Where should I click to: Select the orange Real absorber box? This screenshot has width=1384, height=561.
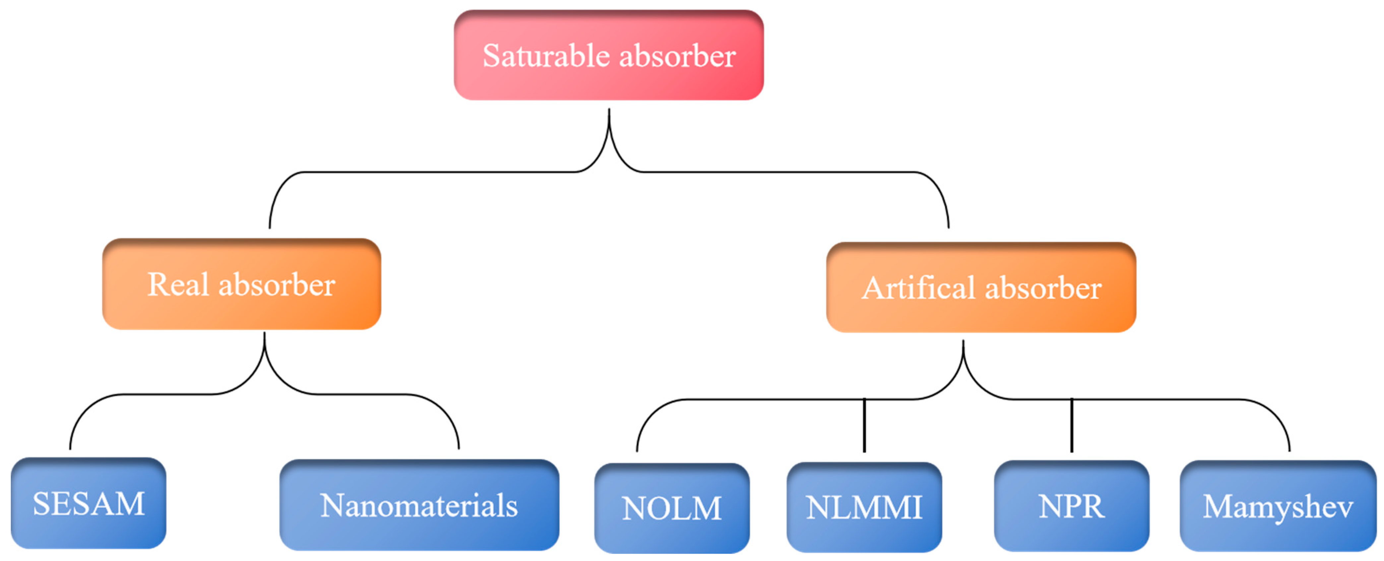[241, 284]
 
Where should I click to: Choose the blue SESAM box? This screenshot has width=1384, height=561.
[88, 503]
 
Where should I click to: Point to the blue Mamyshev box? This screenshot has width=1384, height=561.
[1277, 505]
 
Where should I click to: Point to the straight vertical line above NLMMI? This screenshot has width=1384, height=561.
[864, 425]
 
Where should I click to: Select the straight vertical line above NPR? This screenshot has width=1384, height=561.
[1071, 425]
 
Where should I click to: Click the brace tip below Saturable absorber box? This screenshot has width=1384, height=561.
[609, 113]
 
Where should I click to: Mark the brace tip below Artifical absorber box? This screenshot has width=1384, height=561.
[963, 344]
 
